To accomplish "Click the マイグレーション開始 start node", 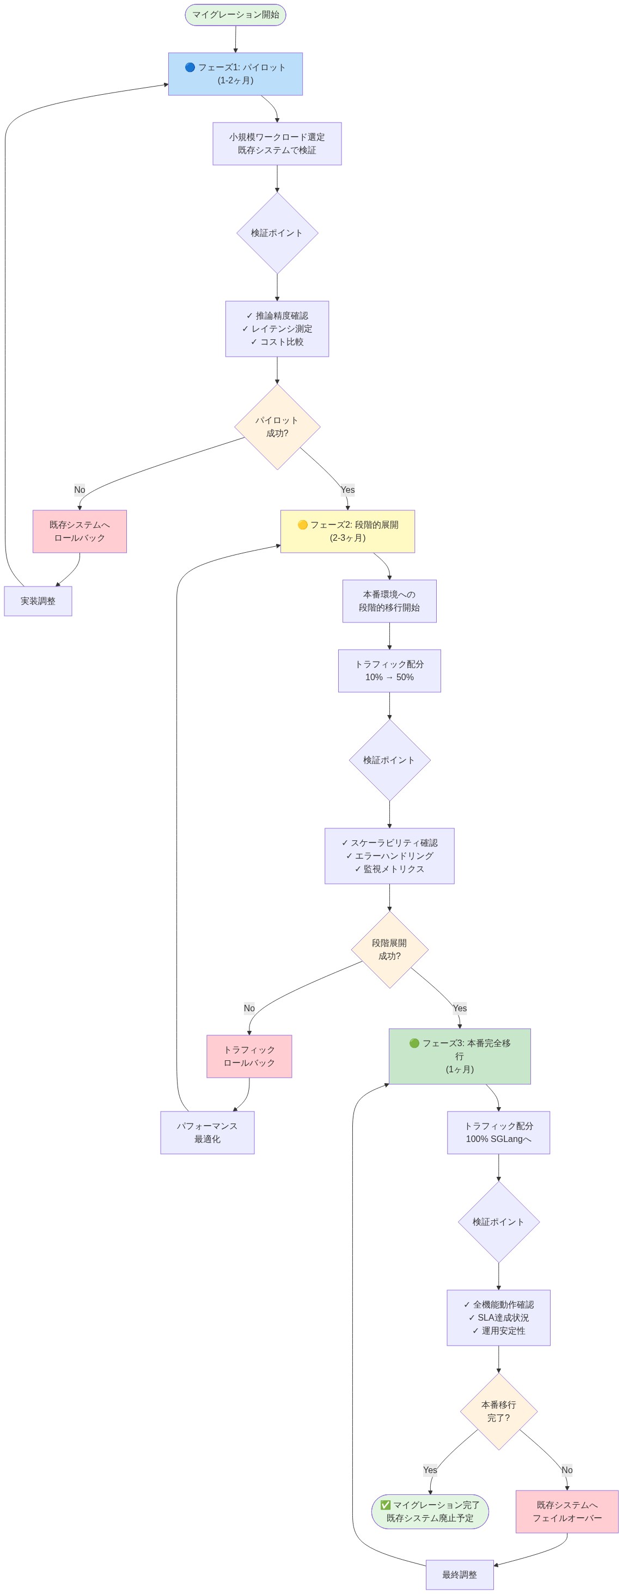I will tap(235, 15).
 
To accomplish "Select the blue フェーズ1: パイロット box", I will tap(235, 74).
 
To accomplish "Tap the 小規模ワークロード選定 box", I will tap(277, 144).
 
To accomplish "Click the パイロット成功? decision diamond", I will tap(277, 427).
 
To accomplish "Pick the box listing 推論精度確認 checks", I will tap(277, 328).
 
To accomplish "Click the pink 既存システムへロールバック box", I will tap(79, 531).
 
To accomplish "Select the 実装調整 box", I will tap(38, 601).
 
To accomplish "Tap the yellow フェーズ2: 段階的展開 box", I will tap(347, 531).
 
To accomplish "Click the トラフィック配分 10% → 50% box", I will tap(389, 671).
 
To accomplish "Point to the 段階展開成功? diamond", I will tap(389, 949).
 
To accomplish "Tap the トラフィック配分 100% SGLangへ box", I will tap(498, 1132).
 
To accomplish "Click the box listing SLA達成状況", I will tap(498, 1317).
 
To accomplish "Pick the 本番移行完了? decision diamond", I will tap(498, 1412).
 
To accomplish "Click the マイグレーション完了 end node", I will tap(429, 1511).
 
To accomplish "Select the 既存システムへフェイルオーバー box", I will tap(567, 1511).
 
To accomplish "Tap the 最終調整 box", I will tap(459, 1575).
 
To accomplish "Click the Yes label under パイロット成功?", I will tap(347, 490).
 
